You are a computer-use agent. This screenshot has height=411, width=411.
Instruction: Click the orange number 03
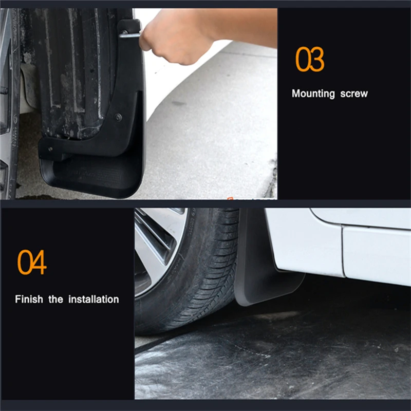[x=310, y=60]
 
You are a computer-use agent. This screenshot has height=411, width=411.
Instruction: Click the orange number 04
[x=32, y=262]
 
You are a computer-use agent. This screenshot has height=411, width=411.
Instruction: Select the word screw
[x=354, y=94]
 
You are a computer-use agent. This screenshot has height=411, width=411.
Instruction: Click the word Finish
[x=29, y=299]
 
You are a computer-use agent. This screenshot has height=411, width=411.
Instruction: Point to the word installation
[x=94, y=299]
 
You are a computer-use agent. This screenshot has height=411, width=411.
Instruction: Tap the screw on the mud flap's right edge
[x=119, y=117]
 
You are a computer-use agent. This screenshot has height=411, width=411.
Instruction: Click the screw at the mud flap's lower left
[x=50, y=149]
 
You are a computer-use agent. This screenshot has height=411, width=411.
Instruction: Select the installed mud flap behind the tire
[x=257, y=267]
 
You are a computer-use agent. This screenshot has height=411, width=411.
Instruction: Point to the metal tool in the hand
[x=129, y=34]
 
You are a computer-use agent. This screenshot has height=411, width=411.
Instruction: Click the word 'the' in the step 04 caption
[x=55, y=299]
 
